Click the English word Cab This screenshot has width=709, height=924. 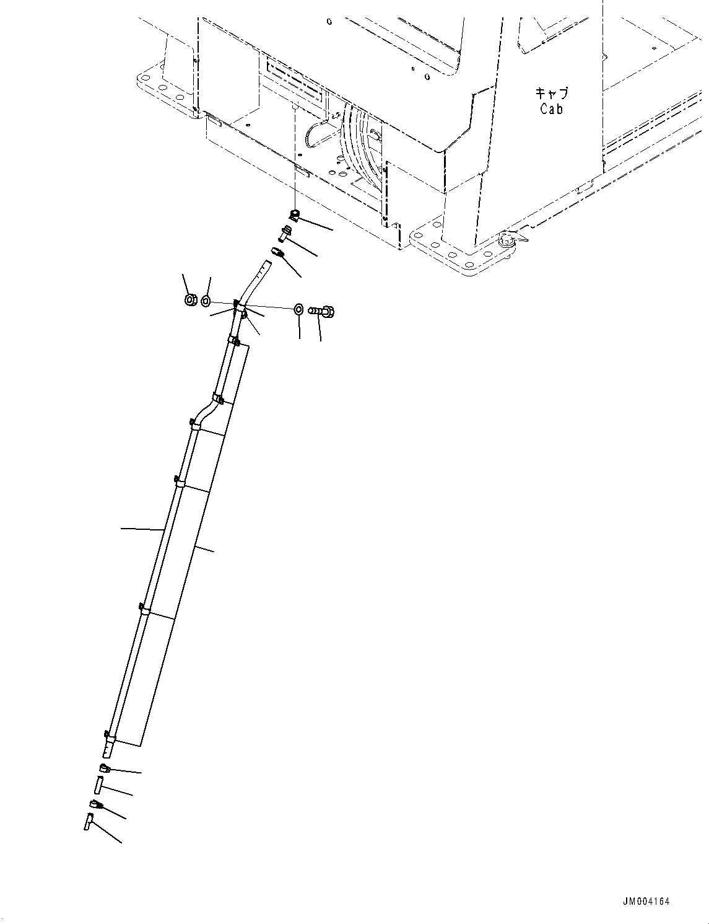pyautogui.click(x=551, y=109)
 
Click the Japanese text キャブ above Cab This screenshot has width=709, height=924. pyautogui.click(x=551, y=94)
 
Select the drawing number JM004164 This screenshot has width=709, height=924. pyautogui.click(x=646, y=902)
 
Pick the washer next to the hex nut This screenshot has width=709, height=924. pyautogui.click(x=206, y=301)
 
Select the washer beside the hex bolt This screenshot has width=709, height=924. pyautogui.click(x=298, y=308)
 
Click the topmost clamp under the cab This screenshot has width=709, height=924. pyautogui.click(x=295, y=214)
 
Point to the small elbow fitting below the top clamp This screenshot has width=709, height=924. pyautogui.click(x=285, y=234)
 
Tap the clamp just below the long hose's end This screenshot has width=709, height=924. pyautogui.click(x=105, y=770)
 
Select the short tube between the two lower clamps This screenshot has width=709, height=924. pyautogui.click(x=98, y=785)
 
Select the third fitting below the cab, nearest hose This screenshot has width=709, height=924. pyautogui.click(x=277, y=253)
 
